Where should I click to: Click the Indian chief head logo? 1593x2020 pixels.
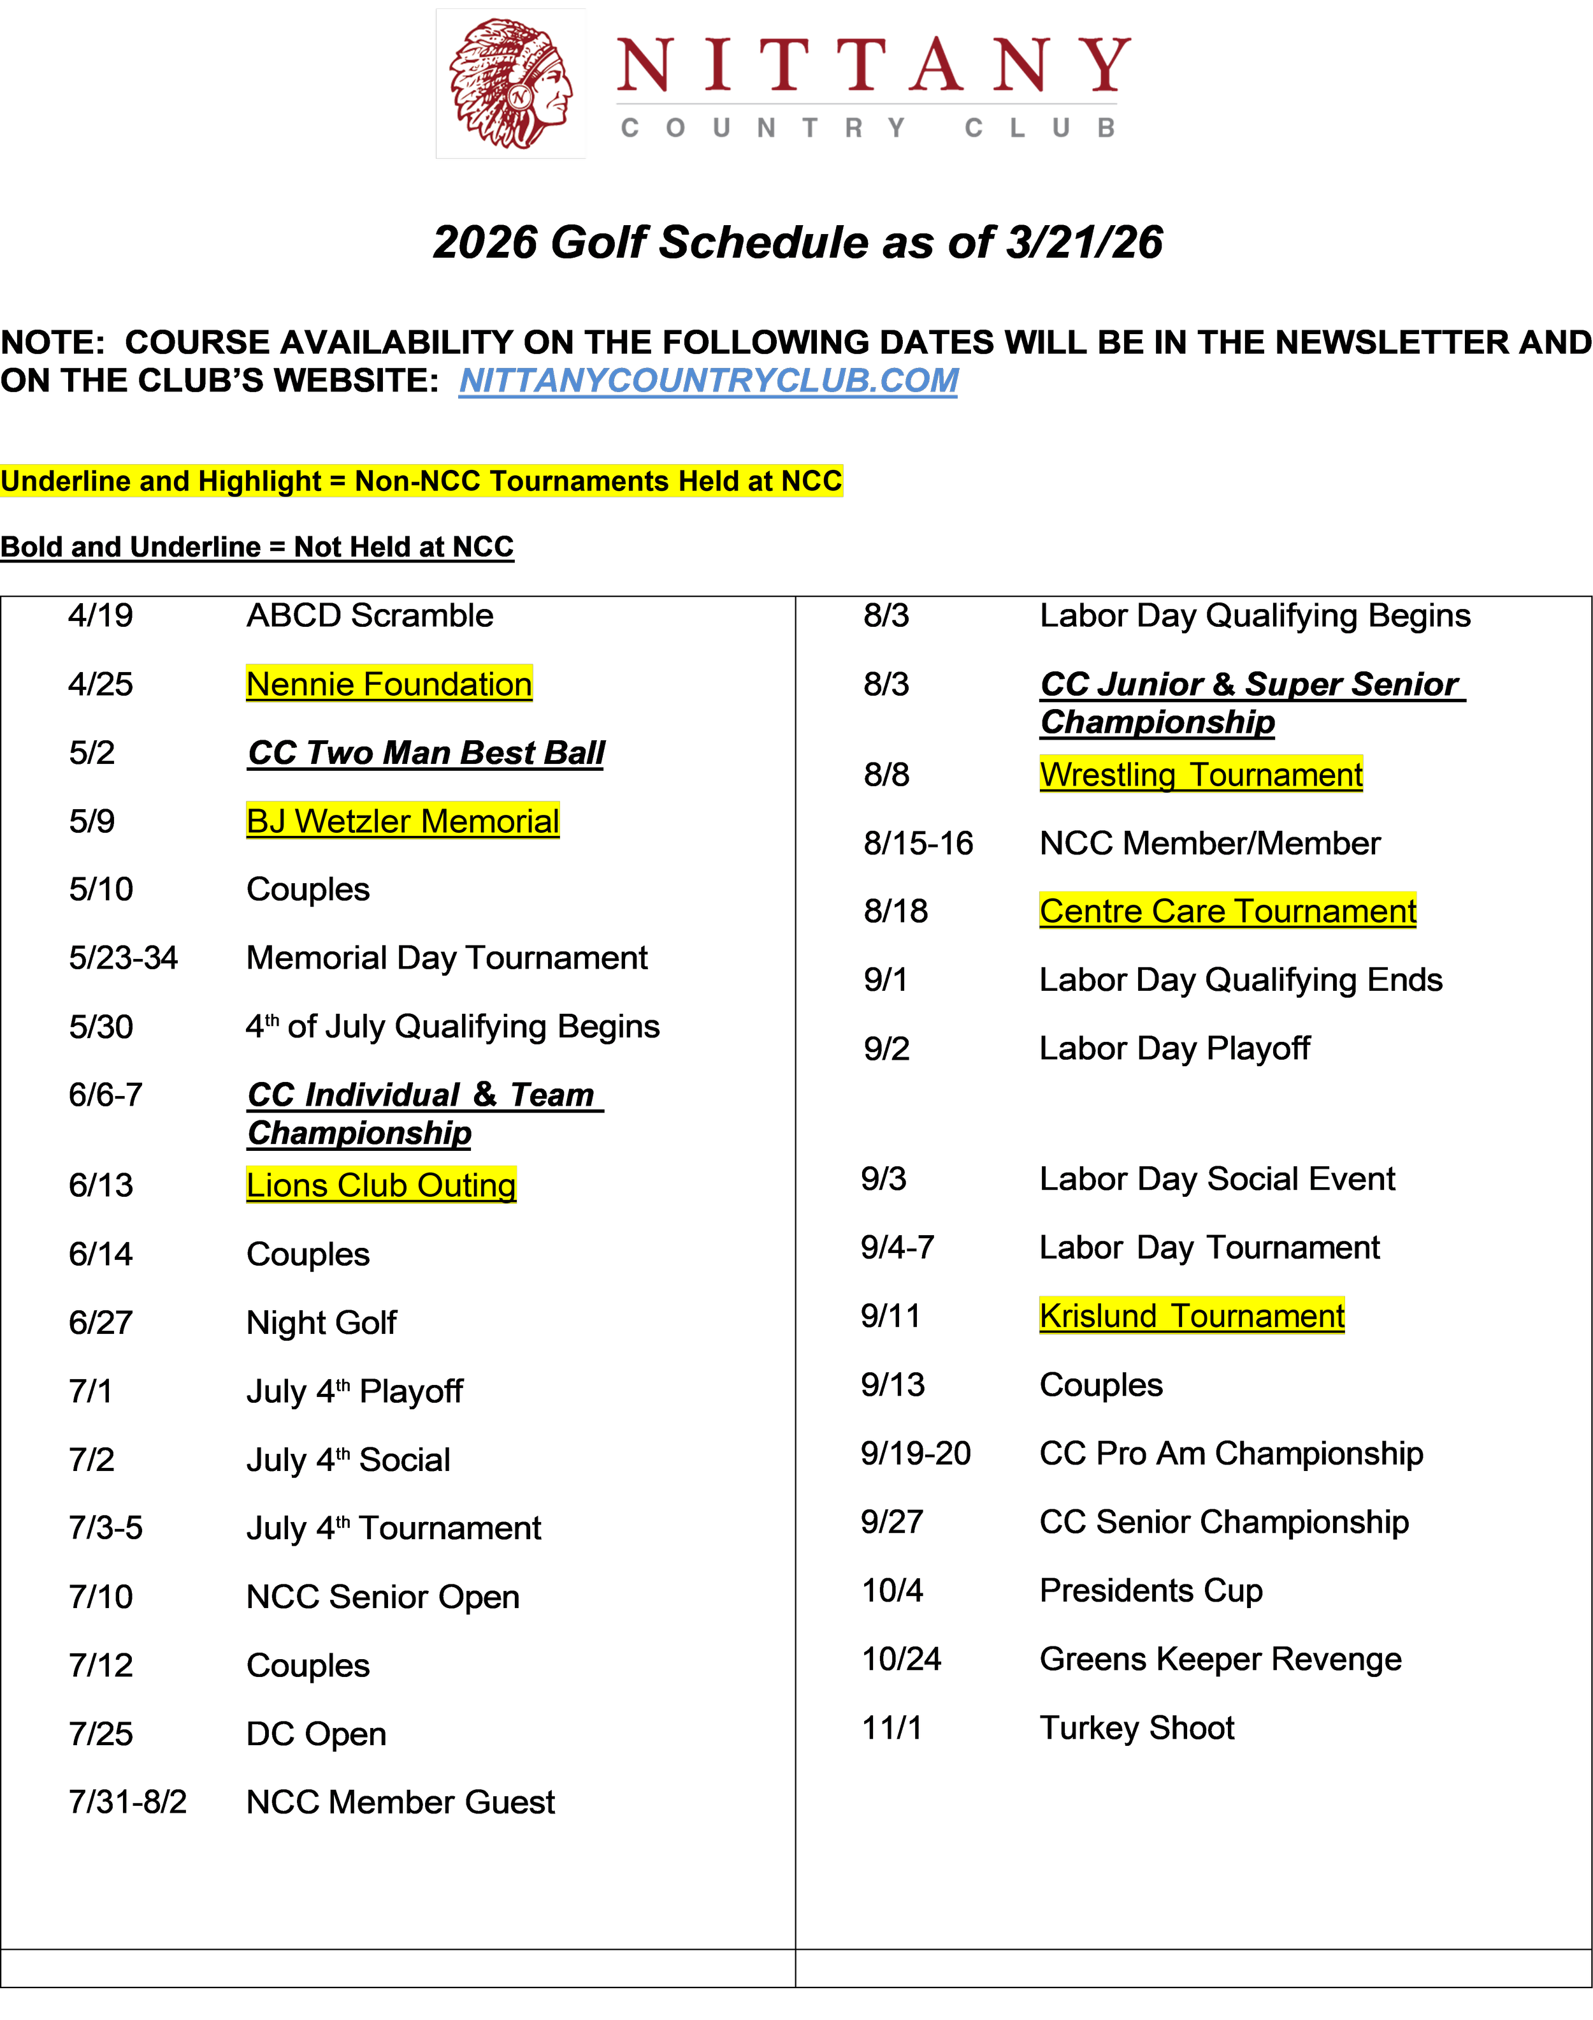click(511, 84)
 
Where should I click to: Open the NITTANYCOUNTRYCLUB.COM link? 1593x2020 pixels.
click(708, 381)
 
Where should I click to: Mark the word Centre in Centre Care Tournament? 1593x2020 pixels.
click(1090, 911)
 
